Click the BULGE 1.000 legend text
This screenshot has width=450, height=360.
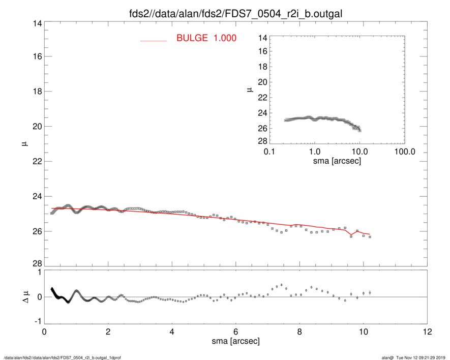(x=206, y=38)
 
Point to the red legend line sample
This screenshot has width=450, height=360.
(x=153, y=40)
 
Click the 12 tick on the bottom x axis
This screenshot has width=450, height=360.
(x=427, y=332)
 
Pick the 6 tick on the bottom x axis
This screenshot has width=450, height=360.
(x=235, y=332)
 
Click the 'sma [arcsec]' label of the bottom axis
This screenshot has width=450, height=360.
(x=235, y=341)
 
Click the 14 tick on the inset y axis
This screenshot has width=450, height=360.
(x=262, y=38)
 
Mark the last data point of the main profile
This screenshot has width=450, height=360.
(x=370, y=237)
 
